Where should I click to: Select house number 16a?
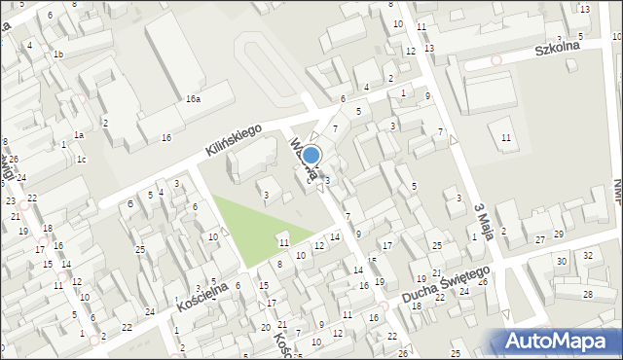click(194, 99)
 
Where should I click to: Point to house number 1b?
click(58, 54)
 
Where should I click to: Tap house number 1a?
click(78, 135)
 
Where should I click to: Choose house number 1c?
click(82, 160)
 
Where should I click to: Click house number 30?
click(561, 262)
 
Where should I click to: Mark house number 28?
click(587, 294)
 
